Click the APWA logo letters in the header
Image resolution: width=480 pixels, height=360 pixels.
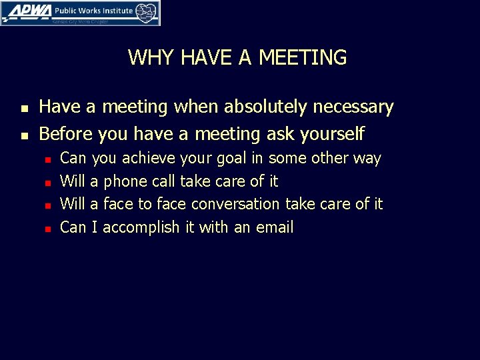coord(26,11)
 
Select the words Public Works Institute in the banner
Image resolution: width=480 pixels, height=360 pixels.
coord(93,10)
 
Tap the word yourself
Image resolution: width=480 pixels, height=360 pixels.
coord(332,134)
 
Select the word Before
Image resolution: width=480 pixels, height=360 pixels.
coord(66,134)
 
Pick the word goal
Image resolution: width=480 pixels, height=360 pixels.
coord(232,159)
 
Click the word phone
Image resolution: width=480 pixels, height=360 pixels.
coord(126,181)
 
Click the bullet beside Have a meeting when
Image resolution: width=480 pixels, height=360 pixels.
coord(24,108)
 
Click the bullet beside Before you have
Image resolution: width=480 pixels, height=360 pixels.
coord(24,135)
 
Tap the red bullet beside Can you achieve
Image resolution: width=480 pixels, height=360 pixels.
coord(48,159)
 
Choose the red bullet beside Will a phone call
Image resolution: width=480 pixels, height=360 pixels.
coord(48,182)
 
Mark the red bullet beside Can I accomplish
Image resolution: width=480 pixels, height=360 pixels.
coord(48,228)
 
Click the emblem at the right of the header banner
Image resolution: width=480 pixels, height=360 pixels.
coord(147,11)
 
